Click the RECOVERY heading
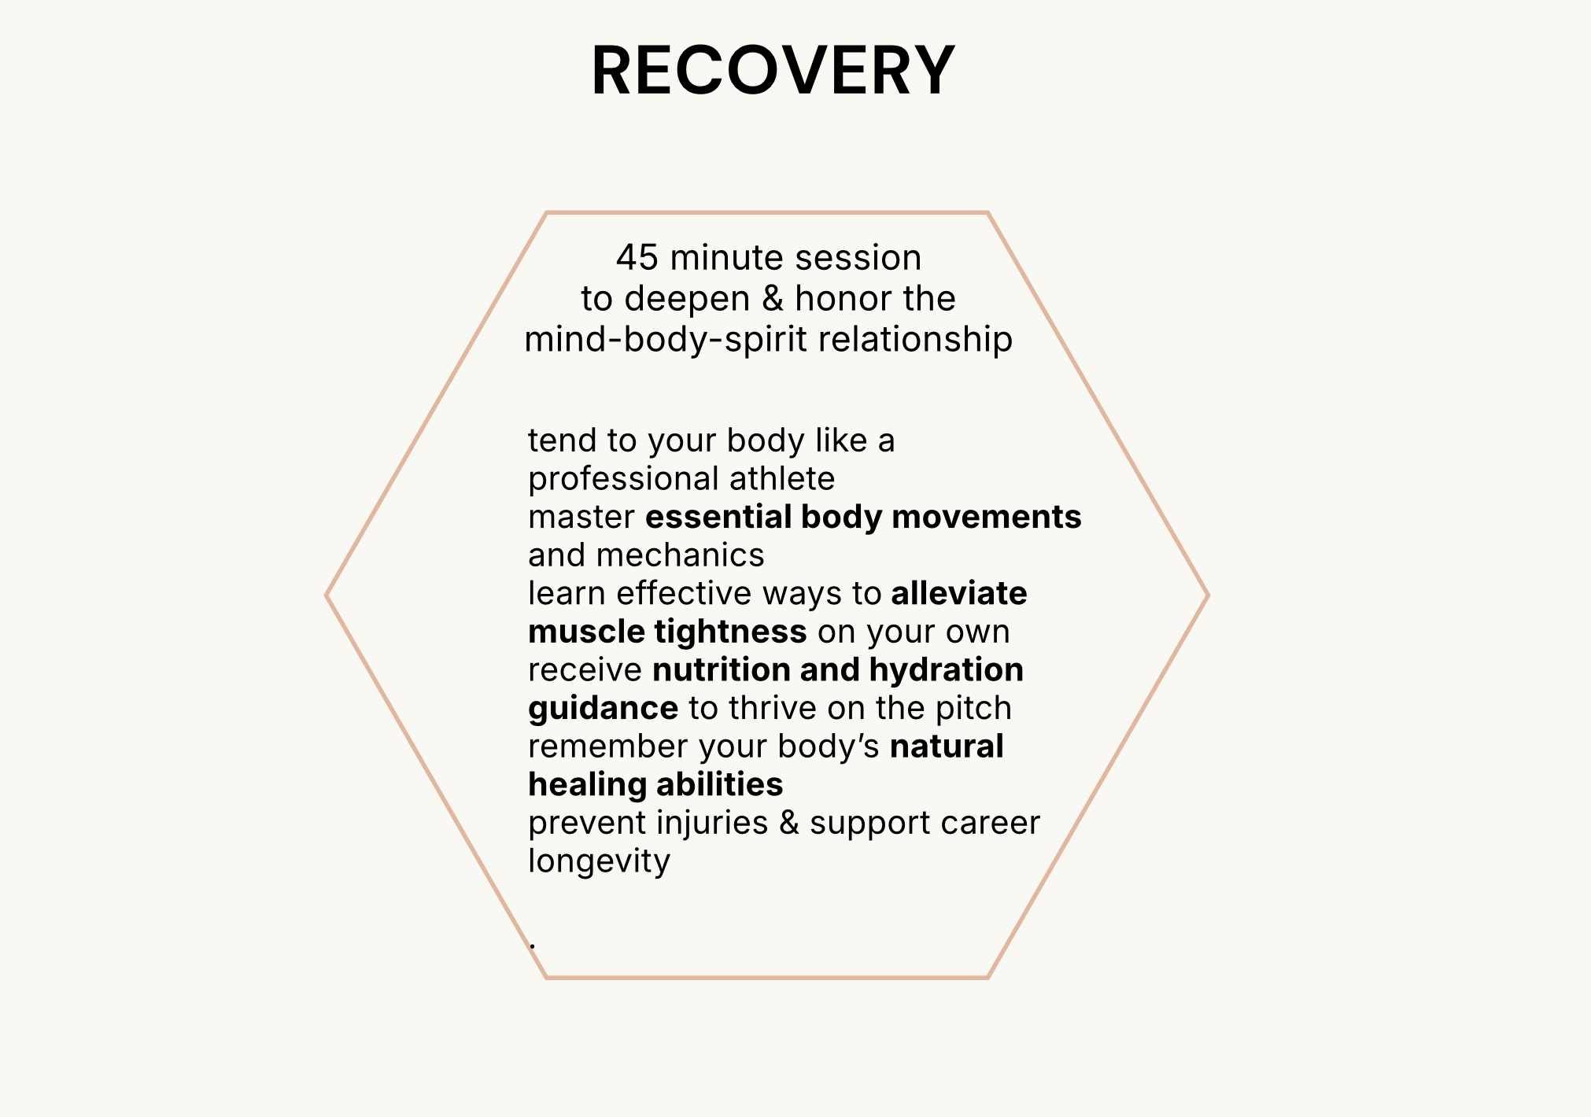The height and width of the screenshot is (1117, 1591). pyautogui.click(x=773, y=71)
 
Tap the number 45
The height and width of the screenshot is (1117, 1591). pyautogui.click(x=637, y=258)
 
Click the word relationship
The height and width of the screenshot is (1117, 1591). pyautogui.click(x=915, y=341)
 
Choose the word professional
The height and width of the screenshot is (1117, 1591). pyautogui.click(x=623, y=479)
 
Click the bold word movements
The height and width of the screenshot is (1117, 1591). pyautogui.click(x=986, y=518)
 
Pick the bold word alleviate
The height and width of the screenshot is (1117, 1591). pyautogui.click(x=958, y=594)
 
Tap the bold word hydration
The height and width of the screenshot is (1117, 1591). pyautogui.click(x=946, y=670)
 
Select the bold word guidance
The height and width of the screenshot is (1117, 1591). pyautogui.click(x=603, y=709)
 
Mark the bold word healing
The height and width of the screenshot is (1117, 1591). pyautogui.click(x=587, y=785)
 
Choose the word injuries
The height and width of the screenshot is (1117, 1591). pyautogui.click(x=712, y=824)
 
